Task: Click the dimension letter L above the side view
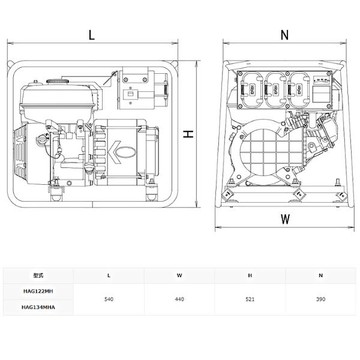91,35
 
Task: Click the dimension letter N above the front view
284,35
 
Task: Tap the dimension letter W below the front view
285,219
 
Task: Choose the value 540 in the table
109,299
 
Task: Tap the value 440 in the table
179,299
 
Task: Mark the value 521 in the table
250,299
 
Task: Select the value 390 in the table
321,299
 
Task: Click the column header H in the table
250,275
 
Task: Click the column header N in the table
321,275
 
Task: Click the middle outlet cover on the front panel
274,91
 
